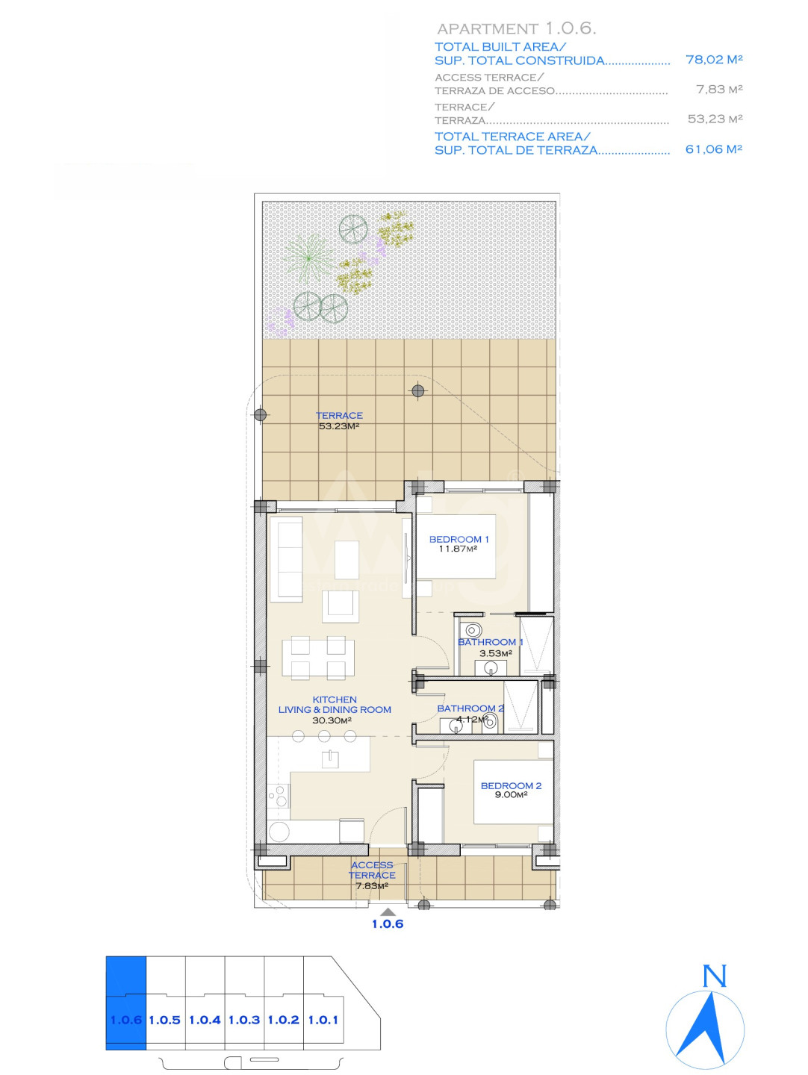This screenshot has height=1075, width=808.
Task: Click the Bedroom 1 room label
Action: click(x=459, y=539)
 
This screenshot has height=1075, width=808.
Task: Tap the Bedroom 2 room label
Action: click(x=511, y=785)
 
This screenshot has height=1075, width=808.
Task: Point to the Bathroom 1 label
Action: click(x=490, y=641)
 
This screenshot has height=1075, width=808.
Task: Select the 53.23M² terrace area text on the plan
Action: click(x=338, y=426)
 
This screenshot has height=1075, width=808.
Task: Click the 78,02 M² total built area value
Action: click(x=714, y=60)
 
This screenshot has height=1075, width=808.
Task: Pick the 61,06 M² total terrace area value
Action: click(x=713, y=149)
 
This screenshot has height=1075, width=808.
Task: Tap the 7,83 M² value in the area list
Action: click(x=719, y=89)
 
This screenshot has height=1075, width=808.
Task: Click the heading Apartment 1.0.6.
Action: click(x=517, y=29)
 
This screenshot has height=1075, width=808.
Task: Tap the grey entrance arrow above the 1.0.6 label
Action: click(x=388, y=912)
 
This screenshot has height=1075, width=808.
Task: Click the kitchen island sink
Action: click(x=330, y=758)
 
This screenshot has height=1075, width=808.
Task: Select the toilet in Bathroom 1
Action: click(x=472, y=629)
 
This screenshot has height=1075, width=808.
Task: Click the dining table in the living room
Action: click(x=318, y=658)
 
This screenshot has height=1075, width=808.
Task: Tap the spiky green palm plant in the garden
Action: click(x=308, y=258)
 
